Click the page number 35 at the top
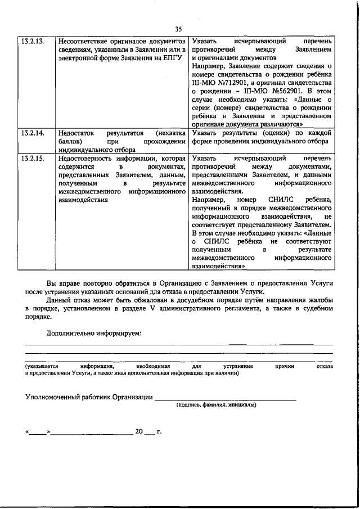(179, 29)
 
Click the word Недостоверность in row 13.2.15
(86, 159)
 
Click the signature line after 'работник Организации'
(225, 399)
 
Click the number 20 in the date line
(139, 432)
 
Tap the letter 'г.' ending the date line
(159, 432)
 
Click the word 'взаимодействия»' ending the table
(218, 267)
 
